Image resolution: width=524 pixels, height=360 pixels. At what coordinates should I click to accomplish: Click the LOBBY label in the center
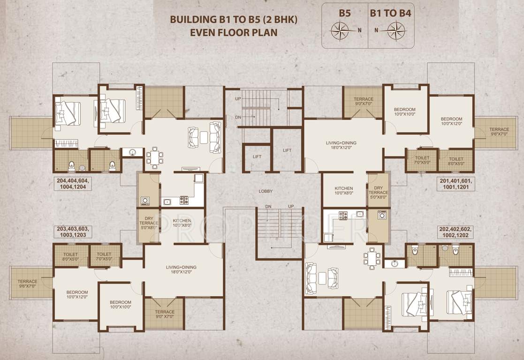[266, 191]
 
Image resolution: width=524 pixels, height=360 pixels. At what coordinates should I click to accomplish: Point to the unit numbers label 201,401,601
[456, 183]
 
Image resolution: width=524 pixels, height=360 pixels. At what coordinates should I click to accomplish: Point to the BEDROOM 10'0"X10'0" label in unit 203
[121, 305]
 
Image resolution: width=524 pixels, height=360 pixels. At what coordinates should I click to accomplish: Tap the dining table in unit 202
[372, 258]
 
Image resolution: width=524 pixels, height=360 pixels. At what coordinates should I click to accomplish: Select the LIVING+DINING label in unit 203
[181, 270]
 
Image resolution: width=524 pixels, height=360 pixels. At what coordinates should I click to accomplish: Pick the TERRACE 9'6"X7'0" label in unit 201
[499, 132]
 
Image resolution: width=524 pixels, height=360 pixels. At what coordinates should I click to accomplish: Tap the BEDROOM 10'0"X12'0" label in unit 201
[451, 121]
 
